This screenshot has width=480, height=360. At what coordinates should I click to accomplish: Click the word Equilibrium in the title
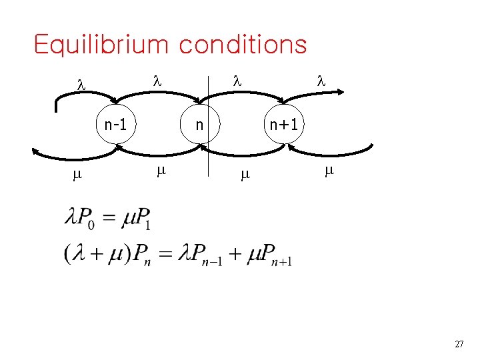tap(100, 45)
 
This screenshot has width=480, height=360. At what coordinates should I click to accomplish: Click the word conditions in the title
tap(243, 45)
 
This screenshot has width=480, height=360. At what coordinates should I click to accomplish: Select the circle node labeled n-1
tap(116, 124)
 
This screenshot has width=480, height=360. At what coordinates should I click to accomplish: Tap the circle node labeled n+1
tap(284, 124)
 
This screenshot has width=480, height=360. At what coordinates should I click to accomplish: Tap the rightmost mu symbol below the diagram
tap(328, 171)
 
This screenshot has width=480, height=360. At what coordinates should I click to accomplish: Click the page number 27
tap(459, 344)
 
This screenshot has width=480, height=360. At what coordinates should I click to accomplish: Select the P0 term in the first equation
tap(87, 218)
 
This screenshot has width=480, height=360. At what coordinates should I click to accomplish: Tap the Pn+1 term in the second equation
tap(273, 255)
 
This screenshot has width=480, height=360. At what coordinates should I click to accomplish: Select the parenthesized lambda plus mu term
tap(93, 253)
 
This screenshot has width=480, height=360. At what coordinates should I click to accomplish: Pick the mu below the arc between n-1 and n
tap(160, 171)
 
